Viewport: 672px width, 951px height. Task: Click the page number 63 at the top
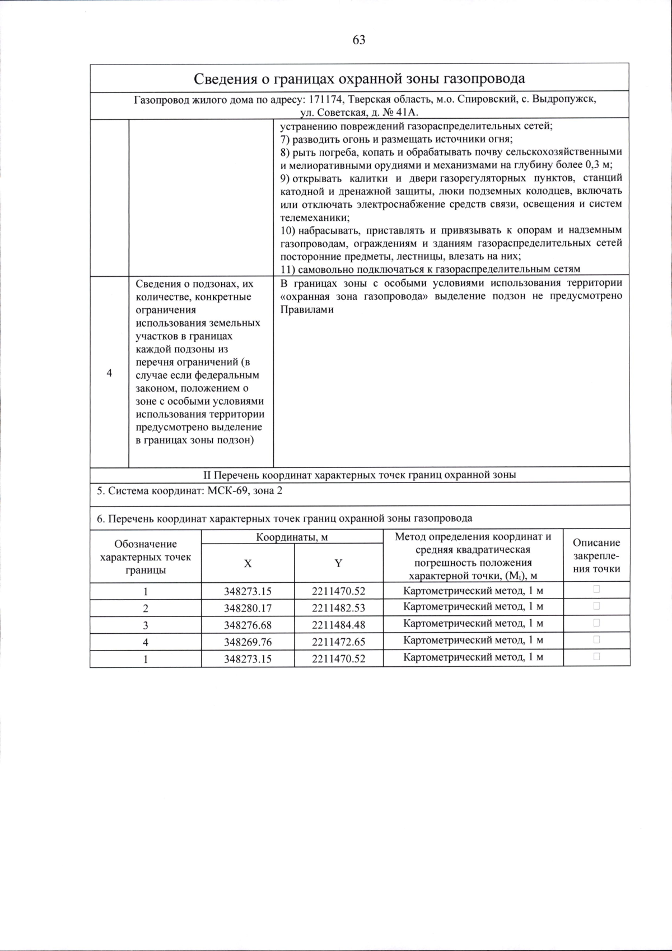(x=359, y=40)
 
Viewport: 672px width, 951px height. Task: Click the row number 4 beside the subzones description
(x=109, y=373)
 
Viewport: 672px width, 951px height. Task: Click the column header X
(x=248, y=564)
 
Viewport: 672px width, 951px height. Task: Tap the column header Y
(x=338, y=564)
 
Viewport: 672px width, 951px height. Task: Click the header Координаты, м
(x=292, y=537)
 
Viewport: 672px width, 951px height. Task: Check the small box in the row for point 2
(x=596, y=606)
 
